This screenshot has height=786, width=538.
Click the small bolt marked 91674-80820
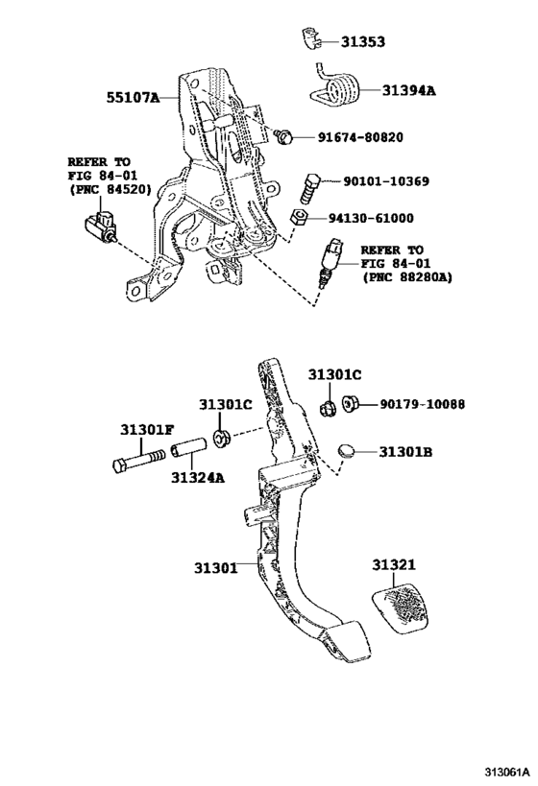[x=284, y=137]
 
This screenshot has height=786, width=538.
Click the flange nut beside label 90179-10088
[x=351, y=405]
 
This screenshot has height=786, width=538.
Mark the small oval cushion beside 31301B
[x=349, y=451]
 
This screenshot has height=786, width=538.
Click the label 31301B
[x=407, y=451]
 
